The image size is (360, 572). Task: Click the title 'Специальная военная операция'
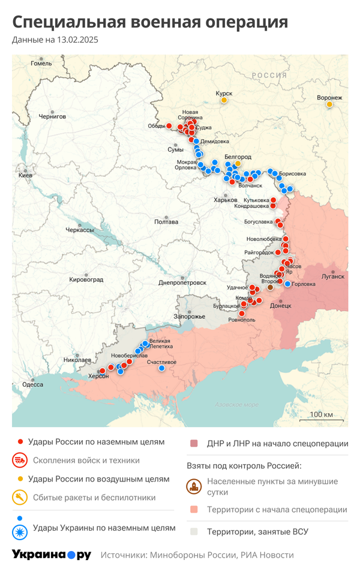[150, 22]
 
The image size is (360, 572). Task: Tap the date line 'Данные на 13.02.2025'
[55, 40]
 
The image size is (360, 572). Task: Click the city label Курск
[224, 93]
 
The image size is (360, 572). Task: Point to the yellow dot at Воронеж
[329, 105]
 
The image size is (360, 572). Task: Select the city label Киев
[26, 175]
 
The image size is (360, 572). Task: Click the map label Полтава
[166, 222]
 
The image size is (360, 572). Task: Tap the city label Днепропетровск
[182, 282]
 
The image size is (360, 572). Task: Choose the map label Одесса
[33, 384]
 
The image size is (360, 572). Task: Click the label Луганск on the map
[333, 276]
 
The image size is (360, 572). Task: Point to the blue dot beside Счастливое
[161, 369]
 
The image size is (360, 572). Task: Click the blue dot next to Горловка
[287, 284]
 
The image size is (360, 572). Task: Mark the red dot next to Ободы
[169, 126]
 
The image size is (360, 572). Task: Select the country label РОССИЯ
[269, 75]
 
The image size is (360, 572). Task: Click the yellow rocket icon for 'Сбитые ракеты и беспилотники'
[20, 497]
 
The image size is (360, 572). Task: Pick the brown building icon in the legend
[193, 486]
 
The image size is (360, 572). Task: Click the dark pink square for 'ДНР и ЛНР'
[193, 444]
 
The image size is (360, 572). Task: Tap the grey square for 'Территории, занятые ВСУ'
[193, 531]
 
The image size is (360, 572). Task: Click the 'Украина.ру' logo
[52, 555]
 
